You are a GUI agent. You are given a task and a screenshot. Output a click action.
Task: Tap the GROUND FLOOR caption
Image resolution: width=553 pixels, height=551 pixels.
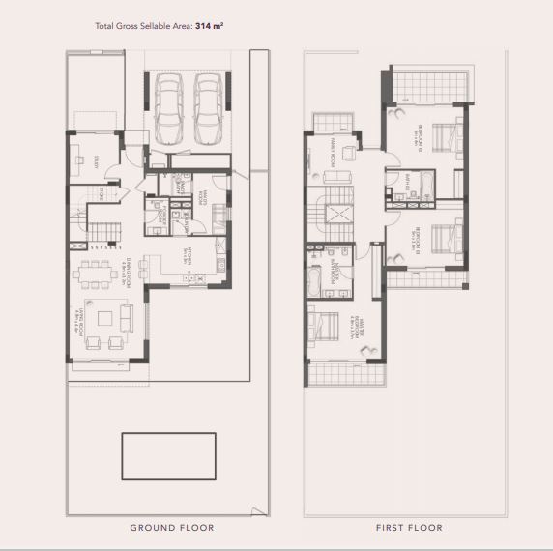tap(172, 528)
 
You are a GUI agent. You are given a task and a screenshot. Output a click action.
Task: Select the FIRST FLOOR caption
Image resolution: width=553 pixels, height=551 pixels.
tap(409, 528)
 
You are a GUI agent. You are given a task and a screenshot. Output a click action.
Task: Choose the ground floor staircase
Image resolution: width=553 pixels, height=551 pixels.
tap(102, 230)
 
